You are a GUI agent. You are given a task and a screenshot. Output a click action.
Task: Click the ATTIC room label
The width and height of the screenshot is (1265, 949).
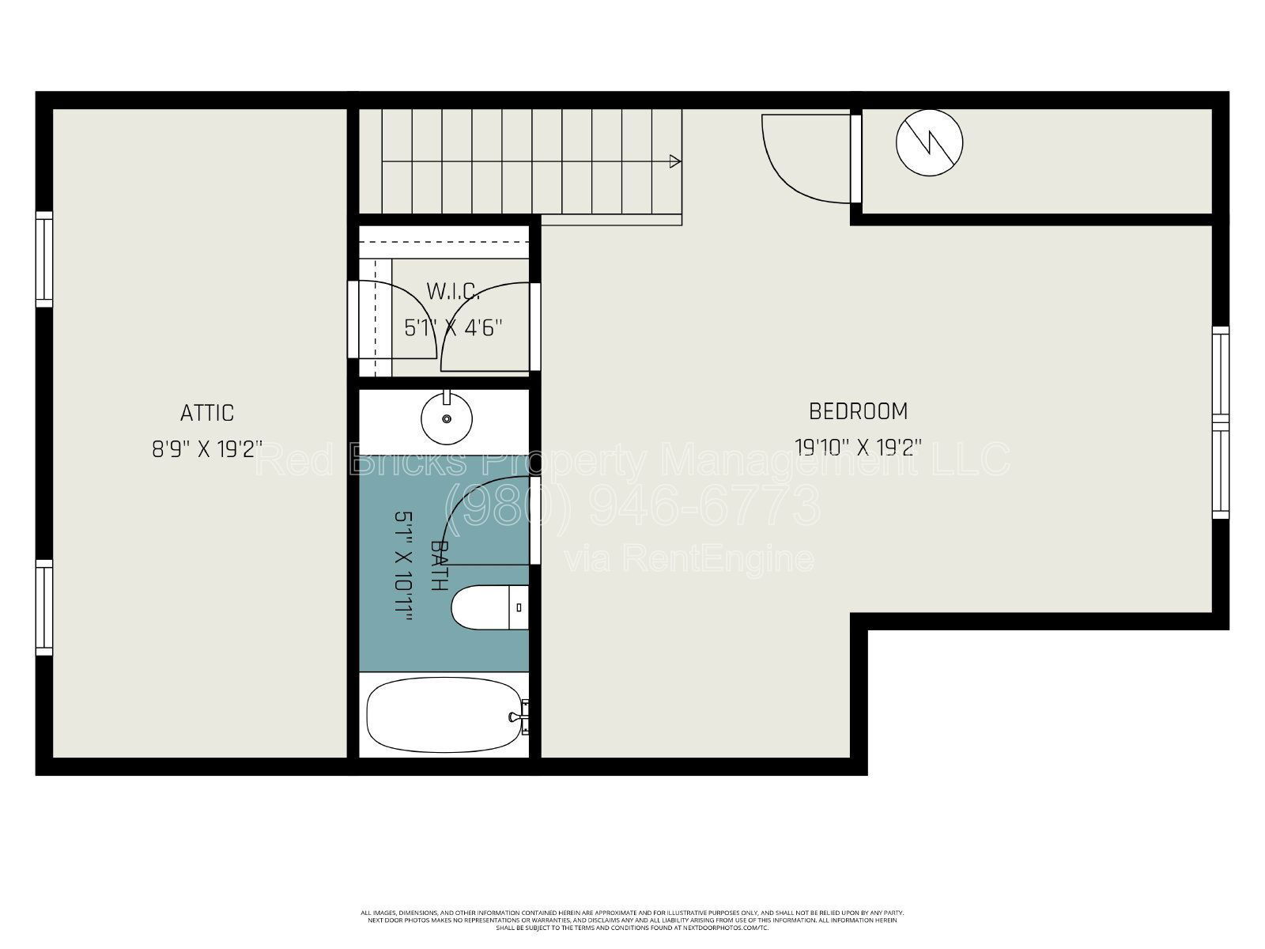[x=207, y=413]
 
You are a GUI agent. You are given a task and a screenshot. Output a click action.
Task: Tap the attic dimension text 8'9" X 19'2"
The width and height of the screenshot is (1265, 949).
[x=207, y=450]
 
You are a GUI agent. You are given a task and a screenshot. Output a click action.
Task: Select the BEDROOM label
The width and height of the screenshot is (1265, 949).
[x=858, y=411]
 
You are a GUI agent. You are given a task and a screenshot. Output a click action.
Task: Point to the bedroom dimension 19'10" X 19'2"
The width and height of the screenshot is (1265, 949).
[x=858, y=448]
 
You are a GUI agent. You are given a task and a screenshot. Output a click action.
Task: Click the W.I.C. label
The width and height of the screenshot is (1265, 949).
[x=453, y=291]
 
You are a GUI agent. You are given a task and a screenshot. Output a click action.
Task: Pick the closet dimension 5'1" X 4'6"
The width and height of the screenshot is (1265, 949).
[x=453, y=327]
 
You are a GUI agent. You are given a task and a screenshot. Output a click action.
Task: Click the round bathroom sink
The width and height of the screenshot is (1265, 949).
[x=447, y=418]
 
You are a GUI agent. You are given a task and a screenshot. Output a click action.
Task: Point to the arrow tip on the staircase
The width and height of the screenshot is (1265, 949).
[x=675, y=161]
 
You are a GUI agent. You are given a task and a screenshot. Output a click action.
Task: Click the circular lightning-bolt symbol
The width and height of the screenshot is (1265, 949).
[x=929, y=142]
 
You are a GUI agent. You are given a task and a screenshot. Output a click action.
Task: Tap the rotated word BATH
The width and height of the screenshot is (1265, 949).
[x=440, y=565]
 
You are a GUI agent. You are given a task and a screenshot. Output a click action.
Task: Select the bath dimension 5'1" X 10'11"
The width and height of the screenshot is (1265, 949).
[x=404, y=566]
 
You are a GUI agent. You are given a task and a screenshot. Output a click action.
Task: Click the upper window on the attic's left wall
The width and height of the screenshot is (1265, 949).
[x=44, y=259]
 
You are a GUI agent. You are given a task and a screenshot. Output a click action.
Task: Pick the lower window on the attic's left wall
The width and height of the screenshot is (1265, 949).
[x=44, y=607]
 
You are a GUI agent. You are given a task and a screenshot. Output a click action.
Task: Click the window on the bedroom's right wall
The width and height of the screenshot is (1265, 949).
[x=1221, y=422]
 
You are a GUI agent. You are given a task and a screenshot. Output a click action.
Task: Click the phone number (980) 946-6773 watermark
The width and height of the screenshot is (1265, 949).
[x=632, y=505]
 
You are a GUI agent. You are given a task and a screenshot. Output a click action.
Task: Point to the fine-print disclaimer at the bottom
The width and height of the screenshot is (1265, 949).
[x=632, y=920]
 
